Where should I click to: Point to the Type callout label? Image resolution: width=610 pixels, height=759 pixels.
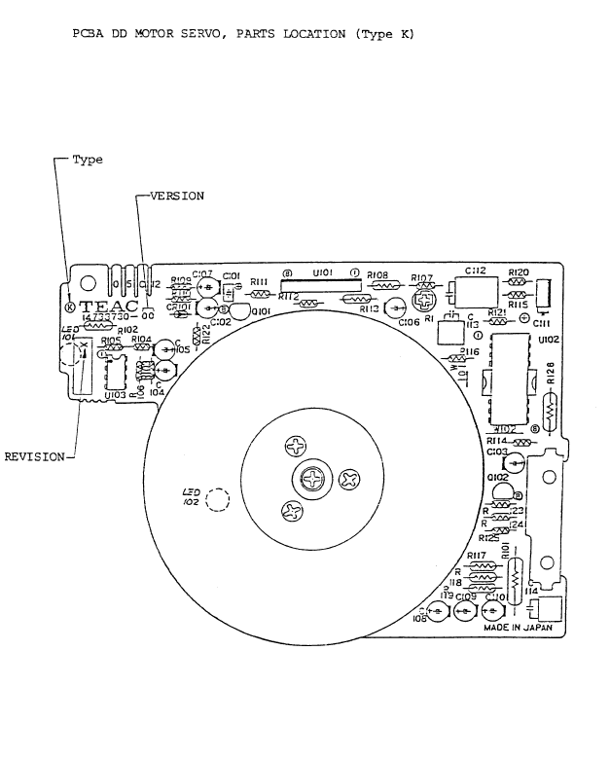(88, 160)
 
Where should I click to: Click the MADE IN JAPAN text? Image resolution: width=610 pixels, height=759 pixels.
(518, 629)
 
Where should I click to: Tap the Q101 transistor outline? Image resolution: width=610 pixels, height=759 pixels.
(234, 308)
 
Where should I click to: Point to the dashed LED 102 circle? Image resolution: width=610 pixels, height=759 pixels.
(219, 499)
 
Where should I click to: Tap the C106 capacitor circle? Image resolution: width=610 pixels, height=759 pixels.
(395, 308)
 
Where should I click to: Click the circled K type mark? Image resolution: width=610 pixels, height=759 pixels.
(68, 308)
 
